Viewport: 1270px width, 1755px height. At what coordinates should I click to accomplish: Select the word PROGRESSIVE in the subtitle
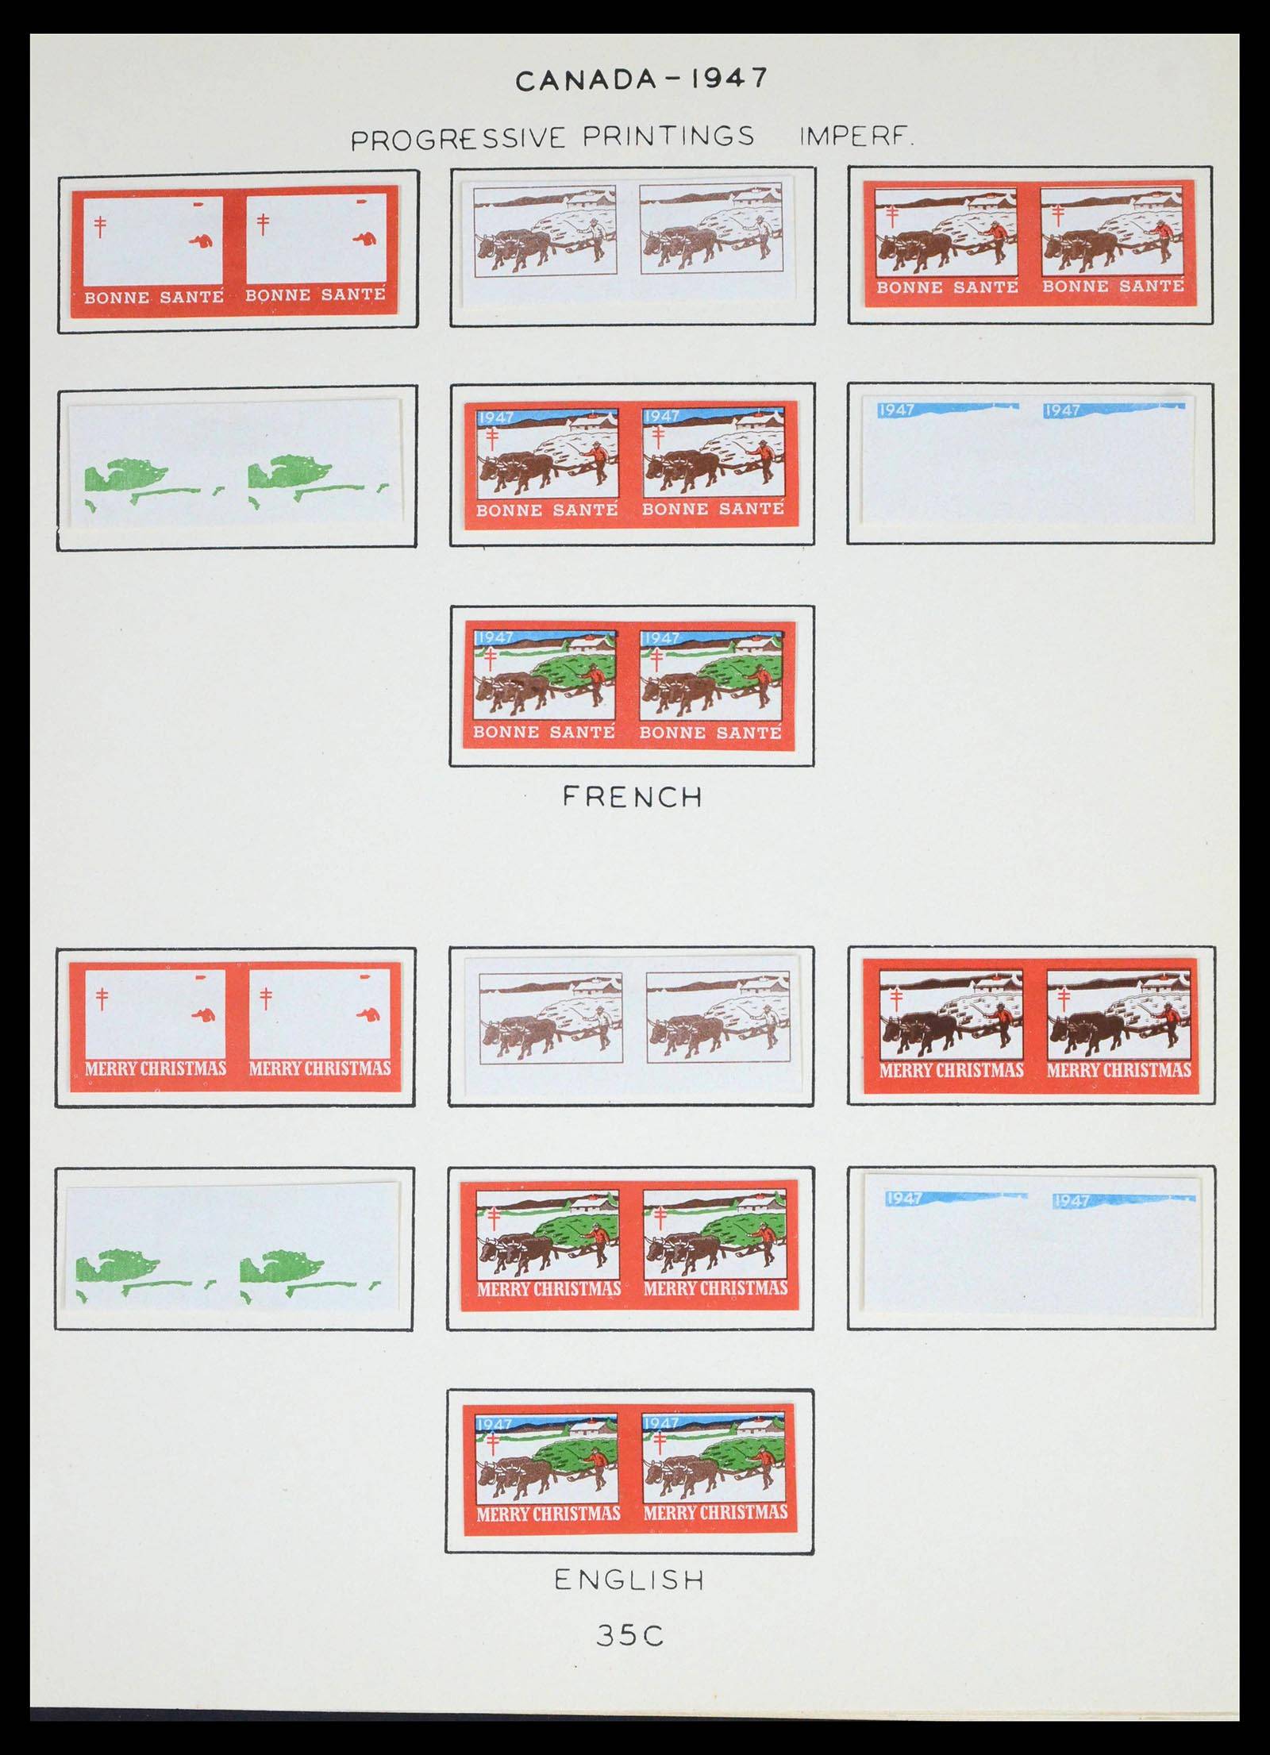(x=457, y=139)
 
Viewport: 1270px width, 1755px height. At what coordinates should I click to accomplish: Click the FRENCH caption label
(x=633, y=797)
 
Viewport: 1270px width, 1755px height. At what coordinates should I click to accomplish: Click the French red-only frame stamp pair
(x=235, y=249)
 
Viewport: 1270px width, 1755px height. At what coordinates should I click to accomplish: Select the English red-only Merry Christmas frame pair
(x=235, y=1025)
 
